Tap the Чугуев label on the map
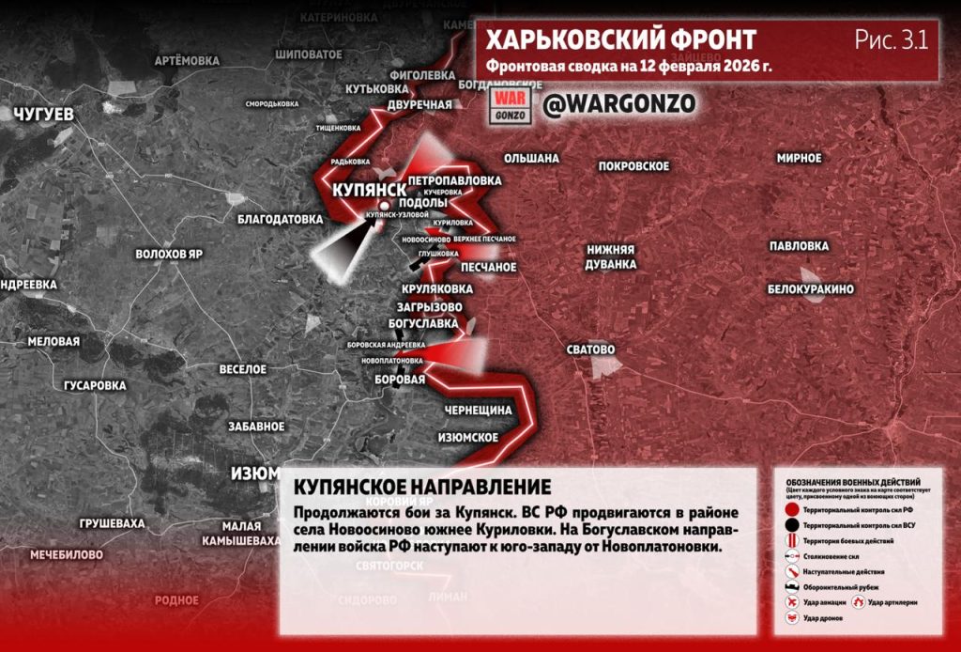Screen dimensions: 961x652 click(x=44, y=115)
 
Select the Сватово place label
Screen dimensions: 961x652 click(x=590, y=349)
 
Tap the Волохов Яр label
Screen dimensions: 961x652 click(x=169, y=254)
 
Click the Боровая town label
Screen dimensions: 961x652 click(x=401, y=380)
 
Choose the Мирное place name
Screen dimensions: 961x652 click(x=799, y=158)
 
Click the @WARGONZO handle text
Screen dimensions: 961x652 click(x=619, y=103)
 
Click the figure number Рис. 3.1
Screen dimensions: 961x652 click(x=890, y=39)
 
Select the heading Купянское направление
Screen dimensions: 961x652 click(x=421, y=488)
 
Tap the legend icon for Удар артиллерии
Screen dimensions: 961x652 click(x=858, y=601)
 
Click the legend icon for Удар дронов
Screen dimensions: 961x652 click(x=793, y=618)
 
